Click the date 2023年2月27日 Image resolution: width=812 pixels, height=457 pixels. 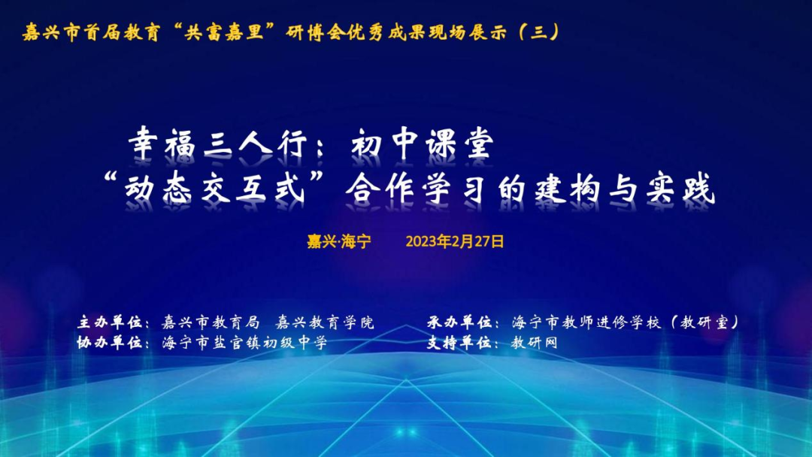(455, 242)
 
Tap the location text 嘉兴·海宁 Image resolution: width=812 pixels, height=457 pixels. (339, 242)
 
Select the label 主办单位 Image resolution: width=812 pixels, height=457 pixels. (110, 322)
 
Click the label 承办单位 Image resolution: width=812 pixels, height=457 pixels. (459, 322)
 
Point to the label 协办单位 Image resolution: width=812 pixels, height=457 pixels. (110, 342)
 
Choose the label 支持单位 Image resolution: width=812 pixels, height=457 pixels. (459, 342)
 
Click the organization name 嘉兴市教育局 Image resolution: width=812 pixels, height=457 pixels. (211, 322)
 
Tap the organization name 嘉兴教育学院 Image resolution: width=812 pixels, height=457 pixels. (325, 322)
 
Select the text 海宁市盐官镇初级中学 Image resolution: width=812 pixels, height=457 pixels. (244, 342)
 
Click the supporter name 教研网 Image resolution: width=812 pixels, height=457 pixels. (535, 342)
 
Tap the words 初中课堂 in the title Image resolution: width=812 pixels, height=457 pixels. (423, 144)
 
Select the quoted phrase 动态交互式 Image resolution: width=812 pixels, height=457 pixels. (214, 187)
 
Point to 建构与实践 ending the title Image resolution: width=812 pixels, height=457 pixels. (607, 187)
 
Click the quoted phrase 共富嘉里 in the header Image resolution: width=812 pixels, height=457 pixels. (224, 32)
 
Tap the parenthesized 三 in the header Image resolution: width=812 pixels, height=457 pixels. (538, 32)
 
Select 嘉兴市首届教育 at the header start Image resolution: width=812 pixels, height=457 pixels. (91, 32)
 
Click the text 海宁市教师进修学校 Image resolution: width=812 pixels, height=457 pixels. (586, 322)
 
